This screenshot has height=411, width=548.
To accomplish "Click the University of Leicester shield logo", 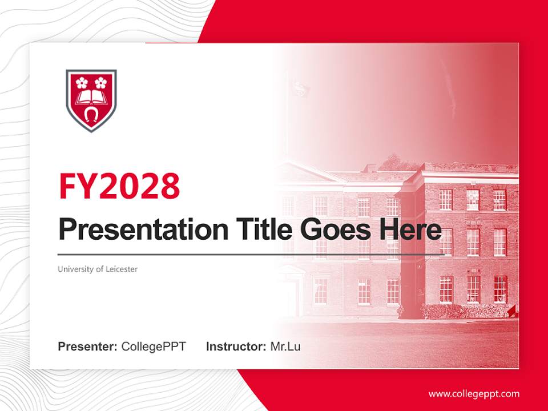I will pyautogui.click(x=91, y=100).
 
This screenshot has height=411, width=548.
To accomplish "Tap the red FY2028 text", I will pyautogui.click(x=119, y=186).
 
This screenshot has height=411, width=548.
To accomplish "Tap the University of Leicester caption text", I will pyautogui.click(x=98, y=269).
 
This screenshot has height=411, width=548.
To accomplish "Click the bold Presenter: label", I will pyautogui.click(x=88, y=346).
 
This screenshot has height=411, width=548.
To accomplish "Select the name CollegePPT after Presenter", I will pyautogui.click(x=154, y=346).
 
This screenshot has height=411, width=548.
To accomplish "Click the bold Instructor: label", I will pyautogui.click(x=236, y=346).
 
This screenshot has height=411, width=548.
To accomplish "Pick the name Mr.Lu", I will pyautogui.click(x=285, y=346).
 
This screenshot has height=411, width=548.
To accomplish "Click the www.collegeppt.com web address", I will pyautogui.click(x=474, y=393).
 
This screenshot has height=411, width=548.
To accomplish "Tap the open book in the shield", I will pyautogui.click(x=91, y=96).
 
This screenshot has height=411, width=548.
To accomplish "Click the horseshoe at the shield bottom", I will pyautogui.click(x=91, y=114).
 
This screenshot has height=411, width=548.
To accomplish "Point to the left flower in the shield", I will pyautogui.click(x=82, y=82).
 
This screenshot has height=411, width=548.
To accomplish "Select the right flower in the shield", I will pyautogui.click(x=100, y=82).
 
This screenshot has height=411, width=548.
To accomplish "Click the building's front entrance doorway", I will pyautogui.click(x=292, y=297).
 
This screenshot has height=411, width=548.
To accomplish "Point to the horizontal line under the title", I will pyautogui.click(x=251, y=254).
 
